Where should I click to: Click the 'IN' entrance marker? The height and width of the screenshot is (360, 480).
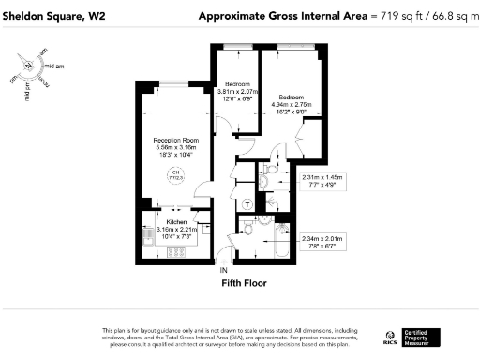pos(223,271)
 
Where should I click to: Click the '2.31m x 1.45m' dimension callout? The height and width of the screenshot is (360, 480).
pos(322,177)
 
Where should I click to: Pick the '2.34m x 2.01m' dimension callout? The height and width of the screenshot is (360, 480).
pos(322,239)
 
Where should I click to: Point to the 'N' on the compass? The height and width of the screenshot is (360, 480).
pos(29,65)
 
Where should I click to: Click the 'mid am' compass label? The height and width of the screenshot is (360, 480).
pos(54,67)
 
